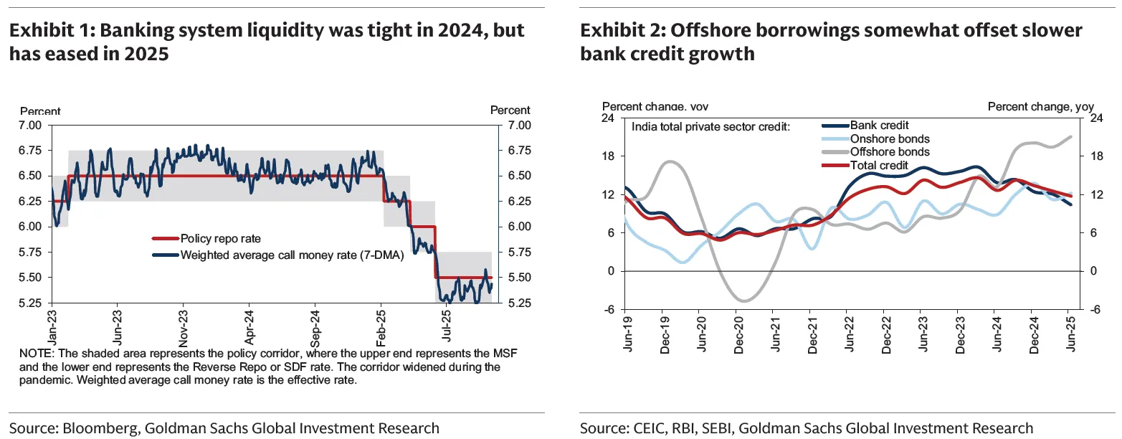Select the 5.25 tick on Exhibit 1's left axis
tap(31, 303)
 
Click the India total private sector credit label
tap(710, 126)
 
